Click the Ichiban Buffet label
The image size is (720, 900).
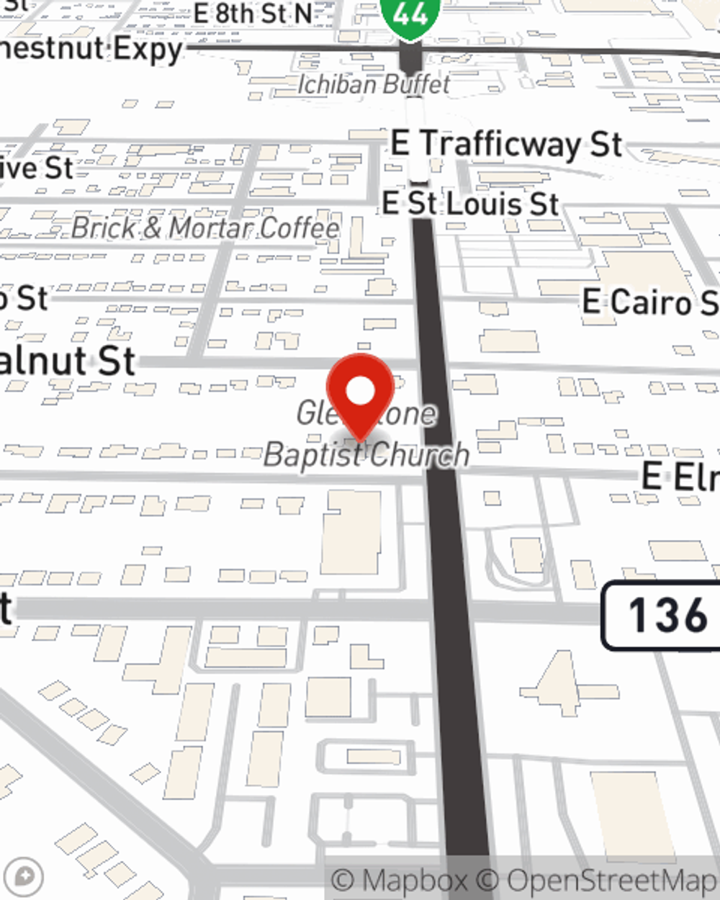(x=374, y=84)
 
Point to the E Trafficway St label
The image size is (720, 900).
(x=506, y=144)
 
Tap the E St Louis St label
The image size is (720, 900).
(x=470, y=203)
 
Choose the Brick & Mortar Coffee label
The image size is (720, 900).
(x=205, y=228)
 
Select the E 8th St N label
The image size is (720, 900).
(x=253, y=12)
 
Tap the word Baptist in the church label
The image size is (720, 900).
(x=315, y=455)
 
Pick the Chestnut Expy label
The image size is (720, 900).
(x=90, y=50)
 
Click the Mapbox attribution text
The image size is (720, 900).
(x=400, y=881)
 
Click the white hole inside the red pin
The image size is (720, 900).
(x=360, y=392)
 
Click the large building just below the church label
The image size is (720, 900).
(x=351, y=533)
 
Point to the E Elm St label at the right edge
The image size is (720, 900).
(x=680, y=477)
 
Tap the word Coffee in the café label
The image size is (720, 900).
(x=298, y=228)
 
